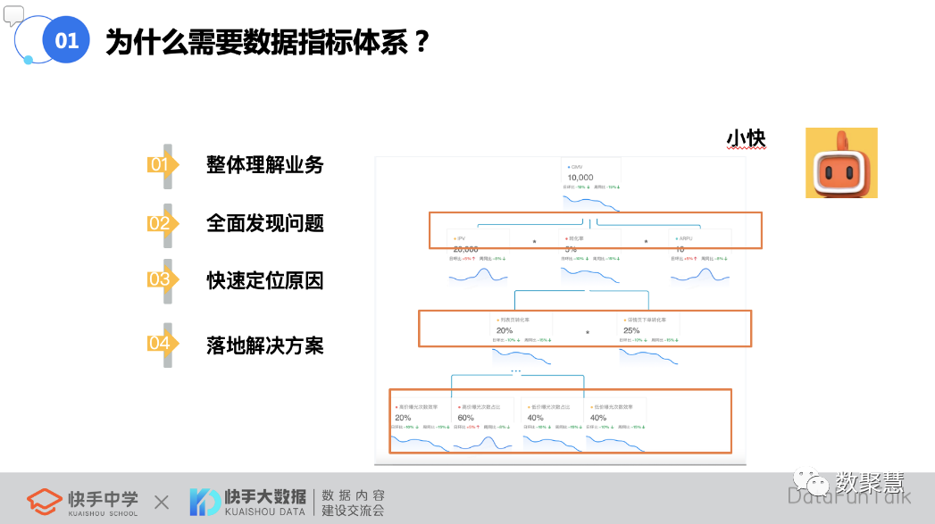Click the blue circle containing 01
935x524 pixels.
pos(66,40)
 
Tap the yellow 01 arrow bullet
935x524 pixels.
pos(162,164)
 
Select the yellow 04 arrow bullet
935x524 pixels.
pos(162,344)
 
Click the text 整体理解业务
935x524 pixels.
pos(264,164)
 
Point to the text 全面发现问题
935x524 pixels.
pos(264,222)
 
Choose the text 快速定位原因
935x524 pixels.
pos(264,280)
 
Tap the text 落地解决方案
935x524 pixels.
pos(264,345)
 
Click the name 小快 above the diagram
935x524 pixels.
pos(746,138)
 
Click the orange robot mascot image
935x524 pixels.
pos(840,162)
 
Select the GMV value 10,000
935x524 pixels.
pos(580,178)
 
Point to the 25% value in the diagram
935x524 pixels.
pos(631,330)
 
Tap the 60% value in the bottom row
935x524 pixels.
pos(465,417)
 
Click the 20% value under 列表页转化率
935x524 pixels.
pos(505,330)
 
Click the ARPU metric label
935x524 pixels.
pos(685,238)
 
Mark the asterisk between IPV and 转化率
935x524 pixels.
pos(534,242)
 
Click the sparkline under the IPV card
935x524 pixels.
pos(478,276)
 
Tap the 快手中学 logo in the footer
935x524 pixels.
pos(82,502)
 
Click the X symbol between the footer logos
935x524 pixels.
pos(161,503)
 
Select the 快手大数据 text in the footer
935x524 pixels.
pos(264,496)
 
